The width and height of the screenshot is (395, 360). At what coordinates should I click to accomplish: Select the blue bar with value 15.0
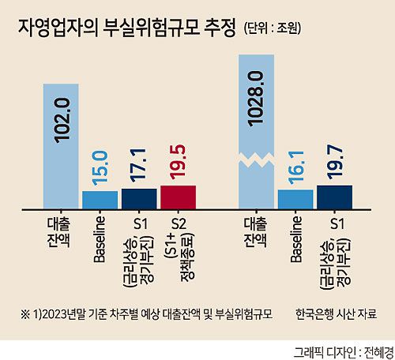(x=100, y=198)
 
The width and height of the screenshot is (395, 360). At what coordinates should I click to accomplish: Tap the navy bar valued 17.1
(x=139, y=197)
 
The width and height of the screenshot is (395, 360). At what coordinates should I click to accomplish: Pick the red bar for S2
(x=178, y=196)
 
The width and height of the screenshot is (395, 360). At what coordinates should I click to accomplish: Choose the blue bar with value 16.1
(x=295, y=198)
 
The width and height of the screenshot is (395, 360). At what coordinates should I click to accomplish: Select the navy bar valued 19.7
(x=333, y=196)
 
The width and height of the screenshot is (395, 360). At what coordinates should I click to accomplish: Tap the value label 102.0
(x=62, y=118)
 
